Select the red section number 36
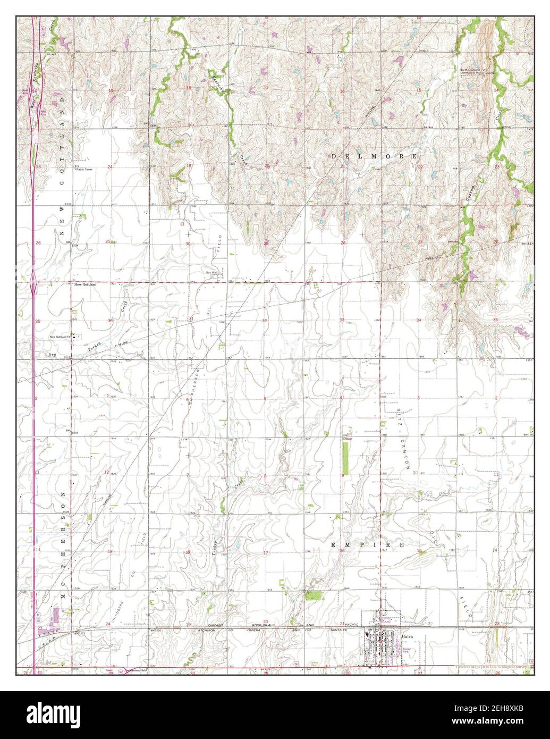click(110, 321)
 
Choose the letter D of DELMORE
click(334, 156)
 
